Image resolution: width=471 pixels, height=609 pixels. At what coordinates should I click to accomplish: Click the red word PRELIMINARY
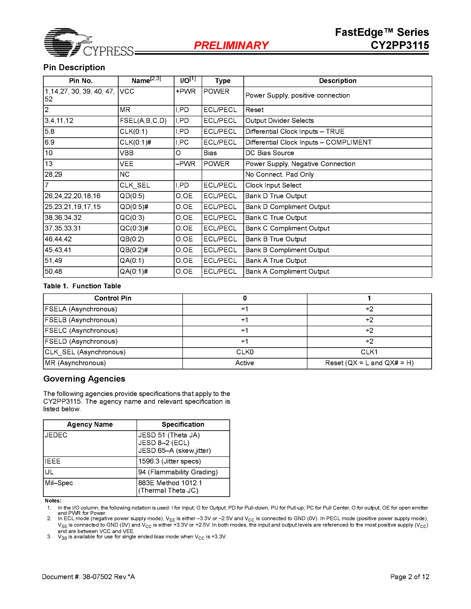click(x=231, y=45)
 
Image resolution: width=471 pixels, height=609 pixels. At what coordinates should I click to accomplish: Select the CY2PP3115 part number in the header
click(x=400, y=45)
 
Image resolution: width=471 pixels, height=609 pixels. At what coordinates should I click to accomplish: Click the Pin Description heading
click(x=74, y=68)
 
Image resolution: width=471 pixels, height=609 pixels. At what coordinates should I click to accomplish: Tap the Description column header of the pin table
click(x=337, y=81)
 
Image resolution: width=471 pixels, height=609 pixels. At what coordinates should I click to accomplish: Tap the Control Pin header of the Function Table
click(x=113, y=298)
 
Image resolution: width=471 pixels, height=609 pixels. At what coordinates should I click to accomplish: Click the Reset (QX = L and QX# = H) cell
click(x=369, y=363)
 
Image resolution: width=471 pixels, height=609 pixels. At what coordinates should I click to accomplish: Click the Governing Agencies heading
click(x=84, y=379)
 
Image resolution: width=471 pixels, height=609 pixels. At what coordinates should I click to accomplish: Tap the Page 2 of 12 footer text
click(x=409, y=577)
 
